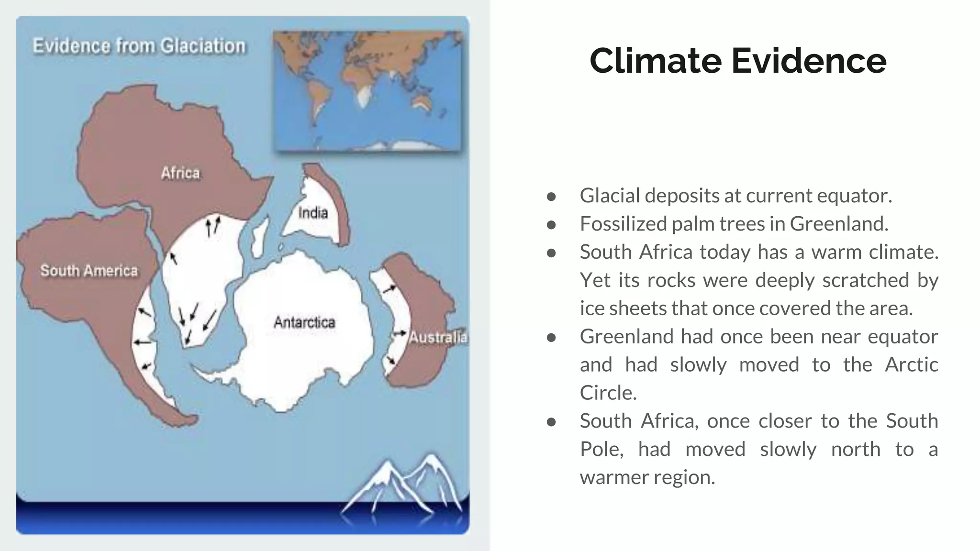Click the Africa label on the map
point(180,173)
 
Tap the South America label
point(89,271)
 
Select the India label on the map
point(313,213)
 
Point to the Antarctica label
point(304,322)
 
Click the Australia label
point(437,337)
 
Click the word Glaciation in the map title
point(202,46)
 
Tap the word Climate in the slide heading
point(656,61)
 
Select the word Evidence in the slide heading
point(809,61)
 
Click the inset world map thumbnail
point(367,91)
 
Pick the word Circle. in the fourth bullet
point(608,393)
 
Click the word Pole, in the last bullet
point(601,450)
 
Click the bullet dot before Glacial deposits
point(551,197)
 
